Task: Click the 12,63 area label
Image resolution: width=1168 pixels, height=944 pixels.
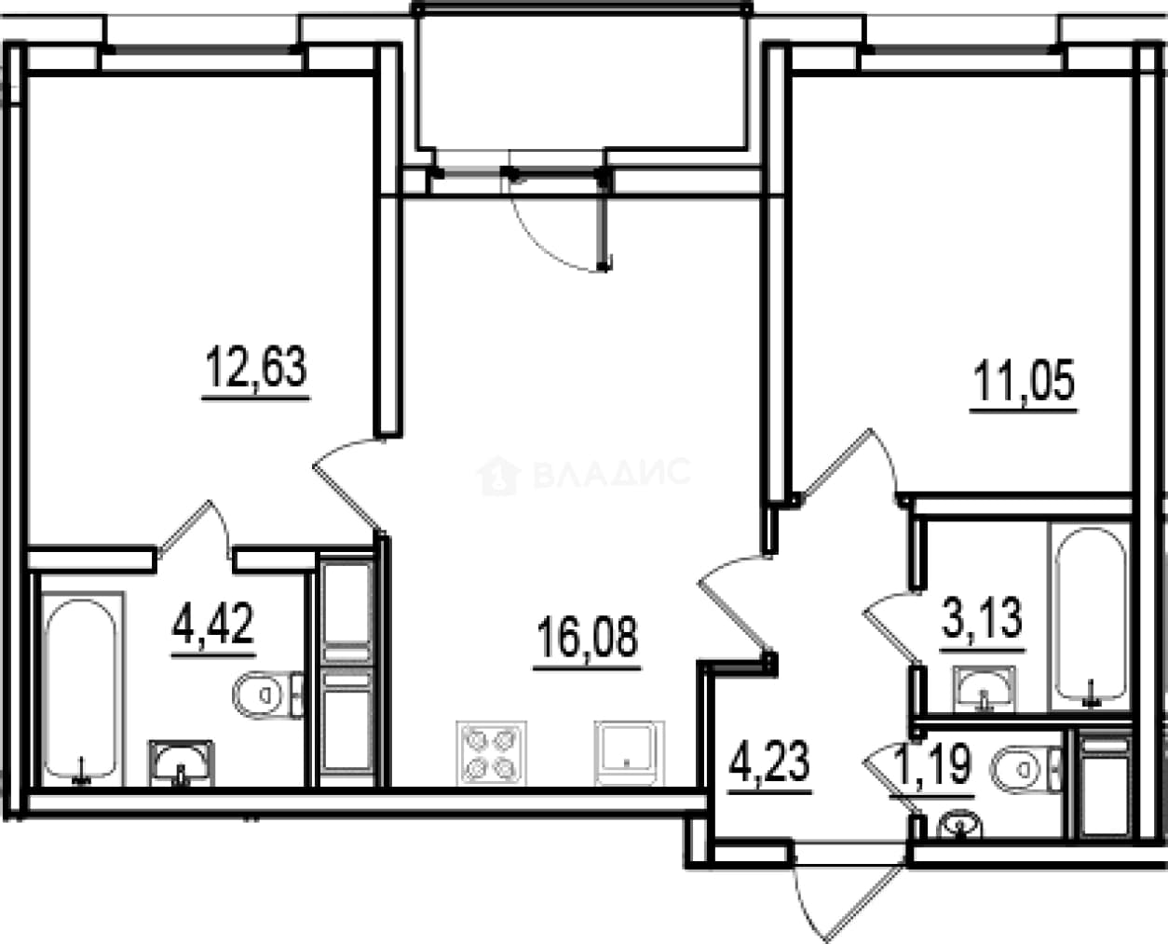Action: tap(256, 367)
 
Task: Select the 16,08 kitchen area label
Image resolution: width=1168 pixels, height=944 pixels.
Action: tap(588, 637)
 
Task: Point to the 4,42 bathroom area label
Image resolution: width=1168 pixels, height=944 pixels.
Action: tap(213, 624)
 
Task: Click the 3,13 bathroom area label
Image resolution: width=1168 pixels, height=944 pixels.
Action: tap(982, 618)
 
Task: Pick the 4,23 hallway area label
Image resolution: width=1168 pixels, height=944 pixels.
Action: tap(769, 761)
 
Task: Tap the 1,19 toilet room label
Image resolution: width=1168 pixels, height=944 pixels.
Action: tap(932, 764)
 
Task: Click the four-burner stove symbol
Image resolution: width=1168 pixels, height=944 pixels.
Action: tap(492, 753)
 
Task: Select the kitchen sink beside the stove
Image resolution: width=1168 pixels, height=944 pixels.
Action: tap(629, 753)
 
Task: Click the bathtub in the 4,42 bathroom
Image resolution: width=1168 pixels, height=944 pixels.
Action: tap(82, 689)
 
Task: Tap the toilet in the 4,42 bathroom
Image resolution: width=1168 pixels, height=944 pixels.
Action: tap(267, 695)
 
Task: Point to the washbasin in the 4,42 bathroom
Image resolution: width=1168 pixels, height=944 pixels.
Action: tap(181, 763)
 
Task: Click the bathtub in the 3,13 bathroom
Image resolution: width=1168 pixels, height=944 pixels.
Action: tap(1091, 616)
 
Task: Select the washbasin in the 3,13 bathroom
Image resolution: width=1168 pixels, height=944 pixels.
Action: tap(985, 689)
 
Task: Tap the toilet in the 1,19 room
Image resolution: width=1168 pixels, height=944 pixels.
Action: tap(1025, 770)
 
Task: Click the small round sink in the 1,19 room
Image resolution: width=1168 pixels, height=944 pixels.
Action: tap(959, 826)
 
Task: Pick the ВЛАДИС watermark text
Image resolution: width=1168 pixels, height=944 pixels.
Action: tap(611, 472)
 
